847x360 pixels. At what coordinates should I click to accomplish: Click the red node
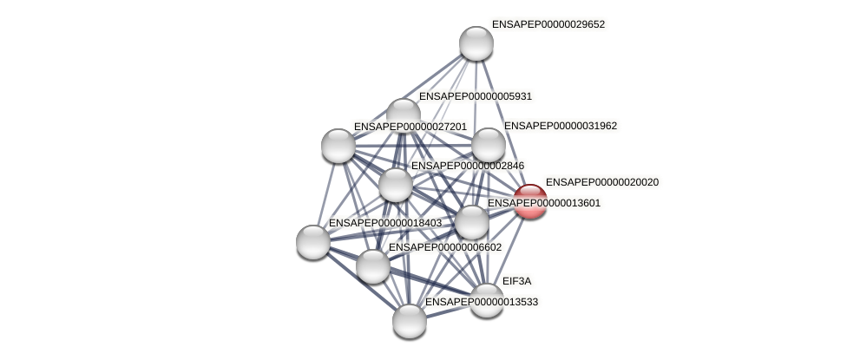coord(530,201)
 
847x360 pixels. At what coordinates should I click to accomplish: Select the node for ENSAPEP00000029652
coord(476,43)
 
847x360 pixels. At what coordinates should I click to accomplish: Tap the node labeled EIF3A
coord(487,300)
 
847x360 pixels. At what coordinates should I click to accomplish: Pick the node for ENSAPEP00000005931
coord(404,115)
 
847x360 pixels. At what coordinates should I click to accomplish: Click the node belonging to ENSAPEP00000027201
coord(338,145)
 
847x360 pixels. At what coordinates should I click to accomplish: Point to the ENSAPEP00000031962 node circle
coord(488,145)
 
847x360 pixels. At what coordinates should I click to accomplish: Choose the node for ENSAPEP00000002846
coord(396,184)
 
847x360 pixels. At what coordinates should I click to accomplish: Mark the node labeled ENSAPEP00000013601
coord(472,222)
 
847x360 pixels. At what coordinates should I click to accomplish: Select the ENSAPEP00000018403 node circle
coord(313,241)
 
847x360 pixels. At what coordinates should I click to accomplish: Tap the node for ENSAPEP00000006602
coord(373,265)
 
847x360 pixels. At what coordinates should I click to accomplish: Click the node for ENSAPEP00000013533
coord(410,320)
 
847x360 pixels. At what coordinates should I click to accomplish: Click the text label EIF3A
coord(516,281)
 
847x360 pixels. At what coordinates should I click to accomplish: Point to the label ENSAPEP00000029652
coord(548,24)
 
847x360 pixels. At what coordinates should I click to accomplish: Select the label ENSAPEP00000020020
coord(601,182)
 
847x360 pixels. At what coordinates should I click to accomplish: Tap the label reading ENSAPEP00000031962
coord(561,126)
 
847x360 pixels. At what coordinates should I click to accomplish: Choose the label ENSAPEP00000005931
coord(476,96)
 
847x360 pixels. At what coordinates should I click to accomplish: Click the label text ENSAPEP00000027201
coord(410,127)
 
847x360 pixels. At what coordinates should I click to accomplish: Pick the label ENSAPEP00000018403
coord(385,223)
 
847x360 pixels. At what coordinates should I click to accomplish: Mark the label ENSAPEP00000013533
coord(482,302)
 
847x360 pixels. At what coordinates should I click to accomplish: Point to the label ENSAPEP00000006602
coord(445,247)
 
